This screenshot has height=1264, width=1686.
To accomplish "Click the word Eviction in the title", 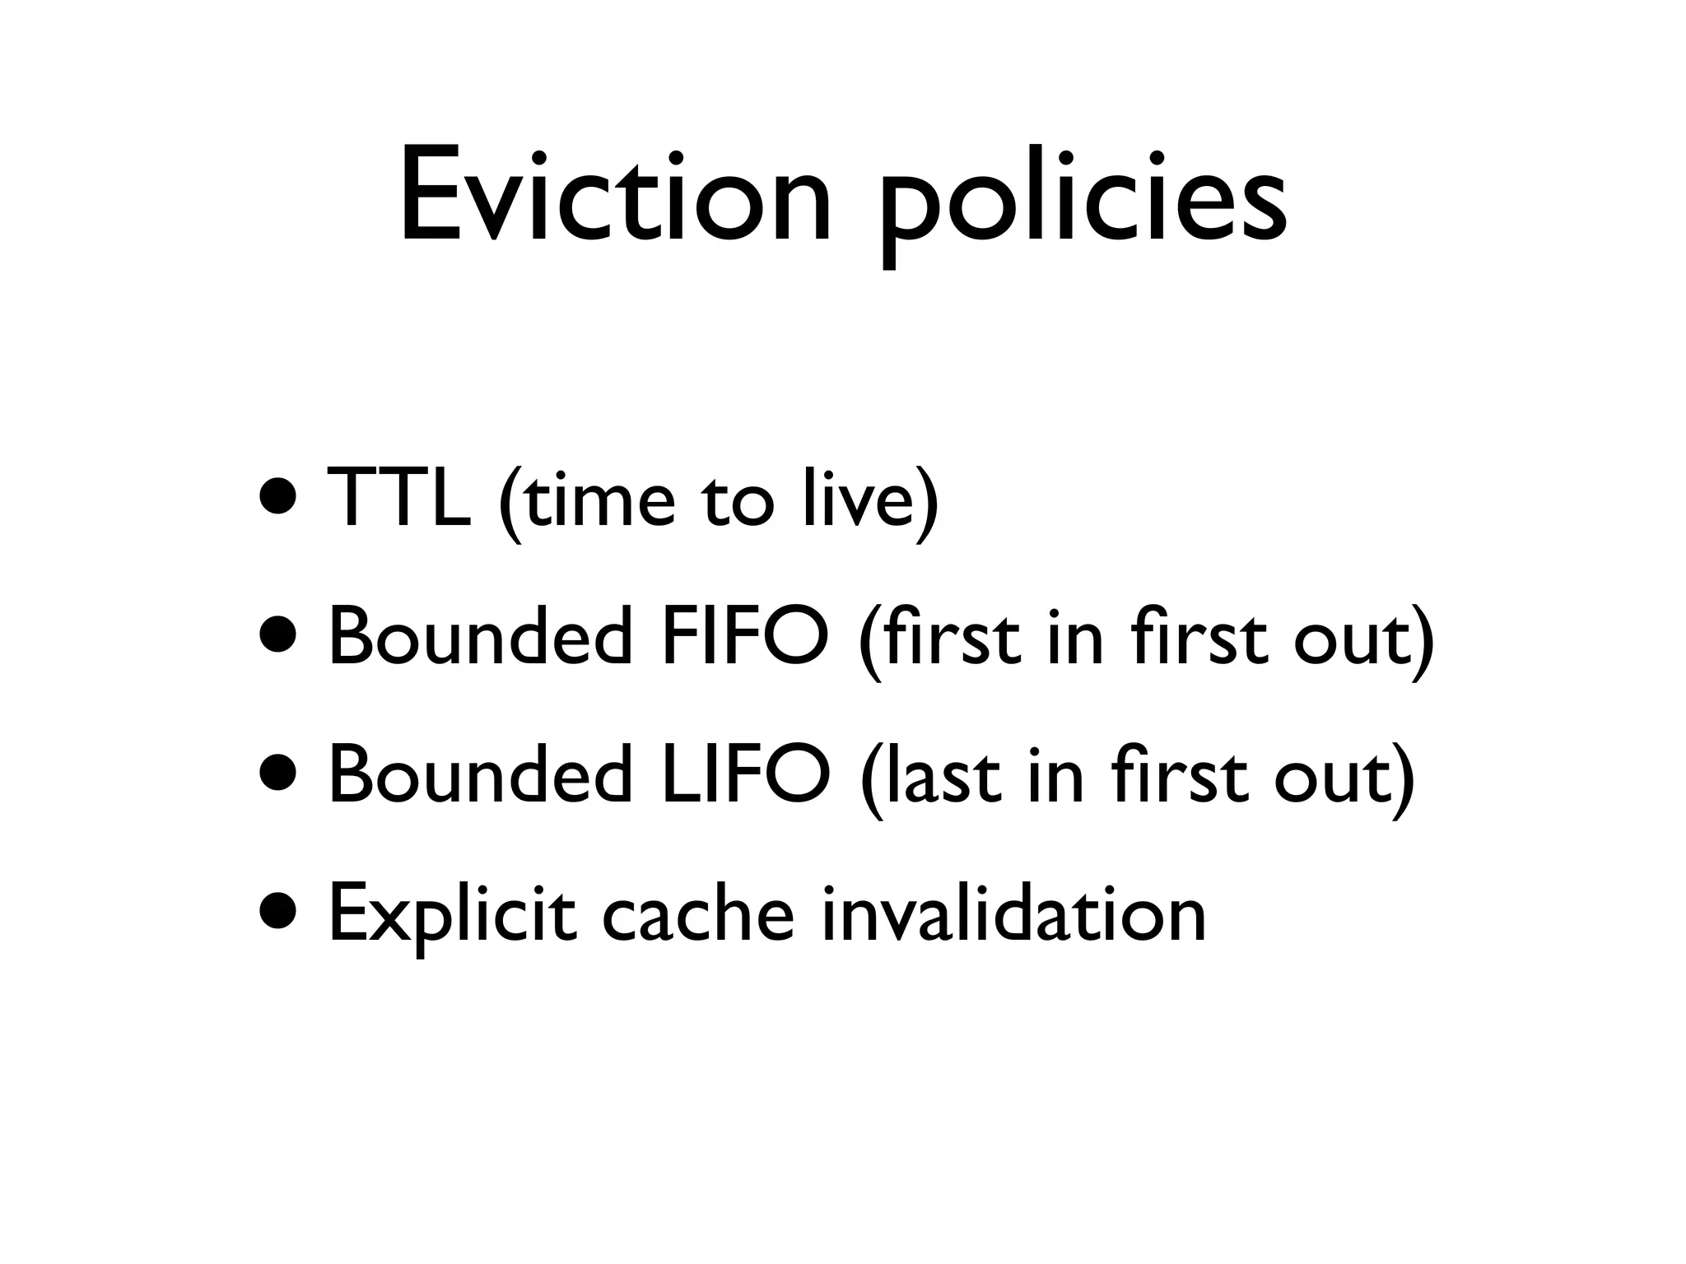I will coord(614,197).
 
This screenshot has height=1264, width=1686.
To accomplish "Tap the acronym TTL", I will coord(398,498).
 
